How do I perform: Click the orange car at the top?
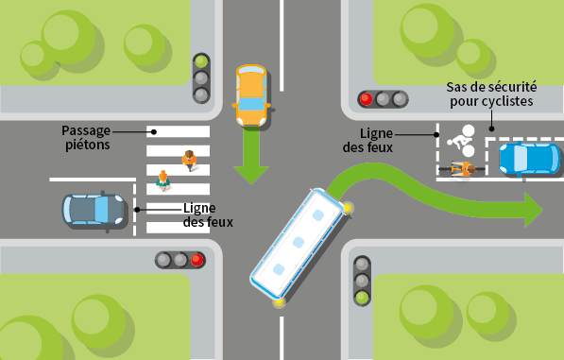pyautogui.click(x=250, y=94)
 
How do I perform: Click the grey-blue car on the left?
pyautogui.click(x=93, y=209)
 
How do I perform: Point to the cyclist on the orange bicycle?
pyautogui.click(x=462, y=169)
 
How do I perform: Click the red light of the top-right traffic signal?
pyautogui.click(x=366, y=98)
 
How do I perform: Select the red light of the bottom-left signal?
pyautogui.click(x=197, y=260)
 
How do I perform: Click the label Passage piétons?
pyautogui.click(x=86, y=138)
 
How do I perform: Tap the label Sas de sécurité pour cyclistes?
pyautogui.click(x=489, y=94)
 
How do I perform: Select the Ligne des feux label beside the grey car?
pyautogui.click(x=207, y=215)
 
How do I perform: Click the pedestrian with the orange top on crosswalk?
pyautogui.click(x=190, y=160)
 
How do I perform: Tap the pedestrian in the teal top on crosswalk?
pyautogui.click(x=163, y=180)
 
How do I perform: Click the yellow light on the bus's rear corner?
pyautogui.click(x=279, y=302)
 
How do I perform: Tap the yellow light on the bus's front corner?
pyautogui.click(x=349, y=208)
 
